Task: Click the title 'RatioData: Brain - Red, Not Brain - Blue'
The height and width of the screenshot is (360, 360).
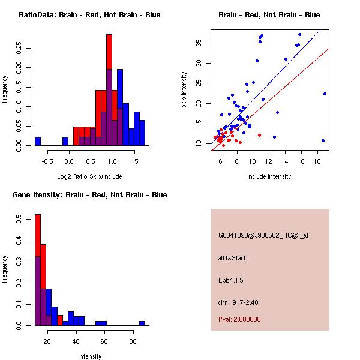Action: (x=89, y=15)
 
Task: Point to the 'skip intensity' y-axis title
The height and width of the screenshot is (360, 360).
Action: (x=184, y=90)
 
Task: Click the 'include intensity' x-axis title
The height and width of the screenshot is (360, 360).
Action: (x=269, y=176)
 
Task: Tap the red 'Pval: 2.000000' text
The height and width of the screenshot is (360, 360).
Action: (x=239, y=319)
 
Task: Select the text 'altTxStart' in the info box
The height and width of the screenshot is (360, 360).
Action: (x=232, y=258)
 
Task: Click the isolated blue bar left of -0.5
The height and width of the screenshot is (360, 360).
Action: (x=38, y=141)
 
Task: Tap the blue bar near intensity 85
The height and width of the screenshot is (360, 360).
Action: (x=142, y=323)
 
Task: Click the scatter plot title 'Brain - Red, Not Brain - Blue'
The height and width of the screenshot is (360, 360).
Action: (x=269, y=15)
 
